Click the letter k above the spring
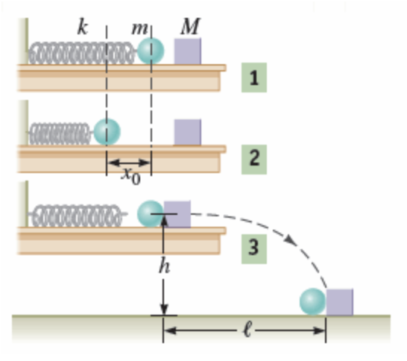(83, 28)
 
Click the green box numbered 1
(254, 78)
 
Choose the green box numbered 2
(254, 158)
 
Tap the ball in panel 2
(107, 132)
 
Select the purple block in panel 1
(188, 51)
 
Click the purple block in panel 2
(188, 132)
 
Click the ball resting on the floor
(313, 301)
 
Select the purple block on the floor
(340, 301)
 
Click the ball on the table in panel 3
(151, 213)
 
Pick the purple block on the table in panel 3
(177, 213)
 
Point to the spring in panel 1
(83, 52)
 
